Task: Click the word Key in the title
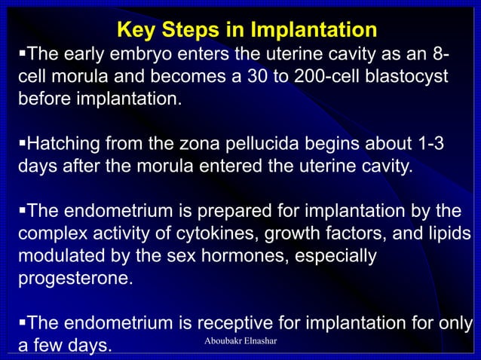138,30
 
